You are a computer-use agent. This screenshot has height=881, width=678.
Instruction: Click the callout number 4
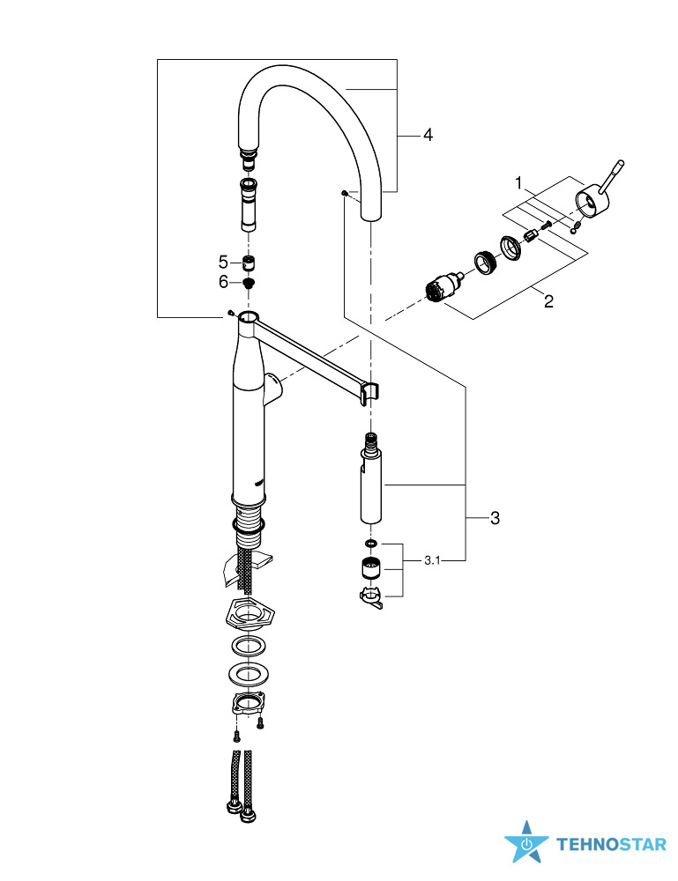point(428,135)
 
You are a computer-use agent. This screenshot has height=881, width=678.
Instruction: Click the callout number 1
point(520,184)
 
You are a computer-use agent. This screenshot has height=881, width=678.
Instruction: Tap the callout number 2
point(548,301)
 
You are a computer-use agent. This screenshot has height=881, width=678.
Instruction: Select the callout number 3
point(495,518)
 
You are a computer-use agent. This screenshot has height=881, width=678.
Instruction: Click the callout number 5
point(223,262)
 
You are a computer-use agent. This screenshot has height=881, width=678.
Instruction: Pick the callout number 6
point(223,282)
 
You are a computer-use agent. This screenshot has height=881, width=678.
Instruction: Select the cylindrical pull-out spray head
point(370,485)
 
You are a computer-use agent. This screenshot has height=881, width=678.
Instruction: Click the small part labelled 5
point(249,263)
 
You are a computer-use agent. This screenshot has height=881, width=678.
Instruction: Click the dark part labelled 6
point(249,283)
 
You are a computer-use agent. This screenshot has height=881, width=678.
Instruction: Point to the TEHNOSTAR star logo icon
point(525,843)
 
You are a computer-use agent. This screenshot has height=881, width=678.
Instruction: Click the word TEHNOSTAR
point(611,845)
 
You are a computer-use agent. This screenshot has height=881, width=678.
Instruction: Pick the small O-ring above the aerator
point(370,544)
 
